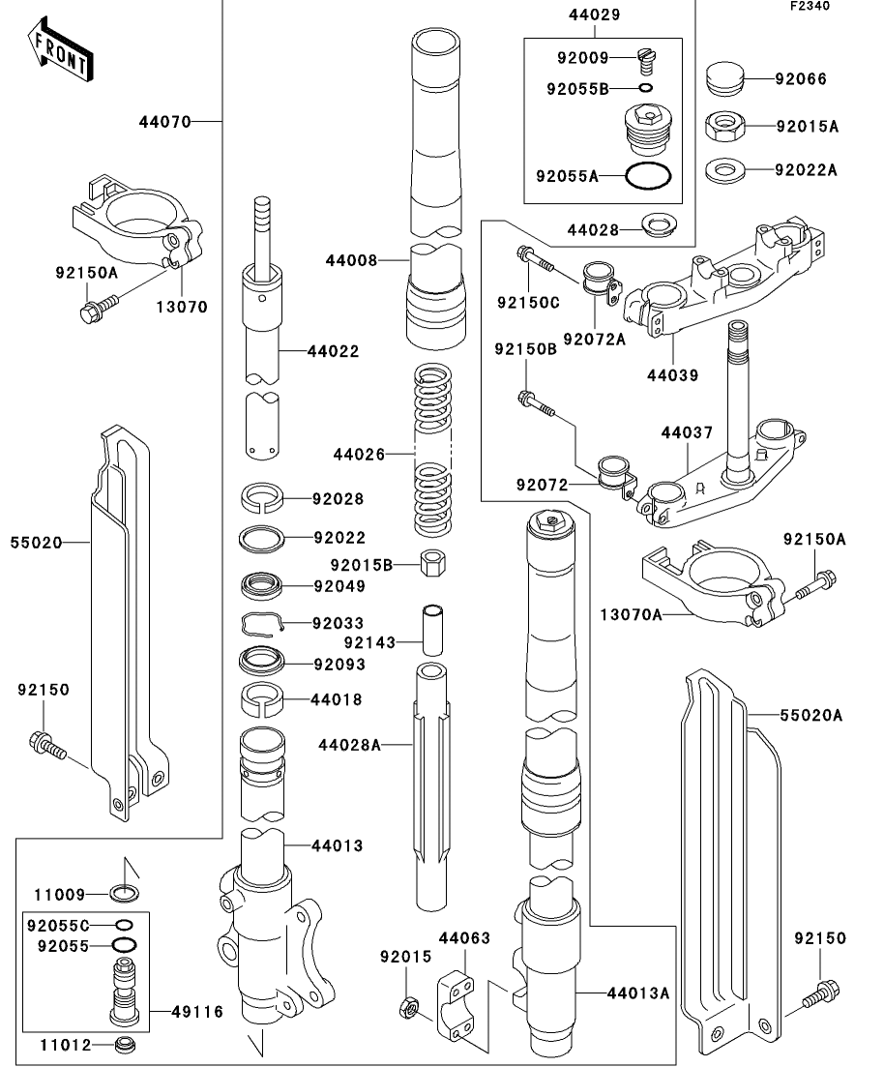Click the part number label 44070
pos(163,122)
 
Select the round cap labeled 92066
pos(722,78)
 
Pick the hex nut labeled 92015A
pos(722,125)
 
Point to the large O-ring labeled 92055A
pos(647,176)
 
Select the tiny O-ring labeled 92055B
pos(646,88)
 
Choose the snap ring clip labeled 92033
pos(261,625)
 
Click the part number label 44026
pos(358,453)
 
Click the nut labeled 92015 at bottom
pos(409,1008)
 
